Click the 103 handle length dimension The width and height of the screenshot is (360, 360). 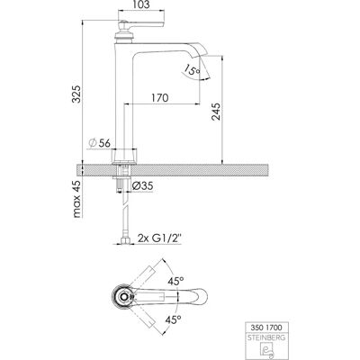click(x=140, y=4)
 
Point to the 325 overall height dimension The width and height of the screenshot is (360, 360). click(x=76, y=94)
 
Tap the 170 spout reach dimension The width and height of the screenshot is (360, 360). click(x=159, y=98)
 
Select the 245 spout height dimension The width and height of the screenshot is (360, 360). click(x=216, y=112)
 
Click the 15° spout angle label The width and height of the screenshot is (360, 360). click(x=192, y=71)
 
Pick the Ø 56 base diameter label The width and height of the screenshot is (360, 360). click(x=99, y=143)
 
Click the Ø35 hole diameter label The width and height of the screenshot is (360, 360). click(x=143, y=186)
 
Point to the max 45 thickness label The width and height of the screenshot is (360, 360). click(x=76, y=199)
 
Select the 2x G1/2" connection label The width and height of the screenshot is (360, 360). click(x=160, y=238)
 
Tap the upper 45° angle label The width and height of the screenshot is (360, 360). click(x=175, y=282)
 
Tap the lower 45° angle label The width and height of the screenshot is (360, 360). click(x=174, y=319)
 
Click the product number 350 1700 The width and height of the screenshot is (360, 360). click(x=264, y=327)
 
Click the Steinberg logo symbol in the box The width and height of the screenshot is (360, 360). click(x=264, y=349)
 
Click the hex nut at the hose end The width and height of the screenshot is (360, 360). click(x=124, y=241)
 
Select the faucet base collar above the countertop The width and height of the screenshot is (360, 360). click(x=124, y=156)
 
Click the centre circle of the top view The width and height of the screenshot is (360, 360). click(x=123, y=297)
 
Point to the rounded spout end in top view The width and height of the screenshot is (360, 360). click(x=202, y=297)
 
